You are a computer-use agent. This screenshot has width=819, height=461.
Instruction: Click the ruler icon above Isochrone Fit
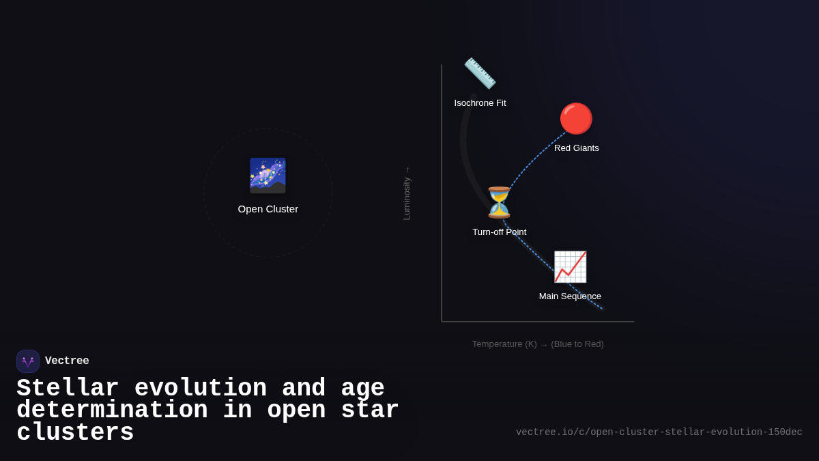pos(480,73)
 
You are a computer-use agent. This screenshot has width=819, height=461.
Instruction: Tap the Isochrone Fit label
pos(480,103)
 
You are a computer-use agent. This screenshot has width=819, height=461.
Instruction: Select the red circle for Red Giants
pos(576,119)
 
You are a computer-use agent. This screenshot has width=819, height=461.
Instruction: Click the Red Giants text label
pos(576,148)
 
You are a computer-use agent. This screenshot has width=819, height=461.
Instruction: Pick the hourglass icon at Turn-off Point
pos(499,202)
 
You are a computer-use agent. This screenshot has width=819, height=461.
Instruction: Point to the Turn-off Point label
pos(499,232)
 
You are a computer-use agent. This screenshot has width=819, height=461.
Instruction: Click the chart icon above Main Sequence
pos(570,266)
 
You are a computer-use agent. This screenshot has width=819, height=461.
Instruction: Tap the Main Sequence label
pos(570,296)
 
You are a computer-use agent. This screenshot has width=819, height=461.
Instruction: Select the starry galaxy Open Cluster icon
pos(268,176)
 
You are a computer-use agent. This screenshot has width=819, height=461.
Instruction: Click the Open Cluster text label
pos(268,209)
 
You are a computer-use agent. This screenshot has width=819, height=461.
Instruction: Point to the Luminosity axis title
pos(407,194)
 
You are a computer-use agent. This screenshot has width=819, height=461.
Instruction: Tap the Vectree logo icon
pos(28,361)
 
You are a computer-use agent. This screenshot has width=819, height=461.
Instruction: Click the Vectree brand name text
pos(67,361)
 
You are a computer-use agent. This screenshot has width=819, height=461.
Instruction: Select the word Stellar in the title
pos(68,389)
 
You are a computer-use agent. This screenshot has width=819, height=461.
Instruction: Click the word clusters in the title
pos(75,433)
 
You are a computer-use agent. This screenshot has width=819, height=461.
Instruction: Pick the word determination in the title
pos(112,410)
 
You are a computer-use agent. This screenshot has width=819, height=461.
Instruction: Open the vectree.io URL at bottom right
pos(659,432)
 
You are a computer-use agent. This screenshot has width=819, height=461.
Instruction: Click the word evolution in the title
pos(201,389)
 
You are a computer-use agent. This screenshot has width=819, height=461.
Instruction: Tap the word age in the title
pos(362,389)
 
